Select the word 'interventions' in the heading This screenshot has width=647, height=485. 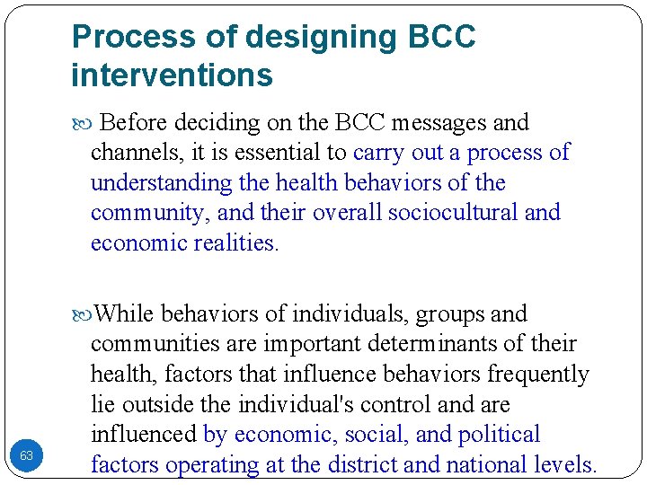[x=172, y=75]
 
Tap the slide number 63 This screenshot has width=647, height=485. [x=27, y=456]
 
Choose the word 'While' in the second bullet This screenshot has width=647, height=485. [x=123, y=314]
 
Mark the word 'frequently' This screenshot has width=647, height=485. [x=530, y=375]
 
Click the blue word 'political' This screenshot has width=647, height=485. [x=500, y=435]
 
